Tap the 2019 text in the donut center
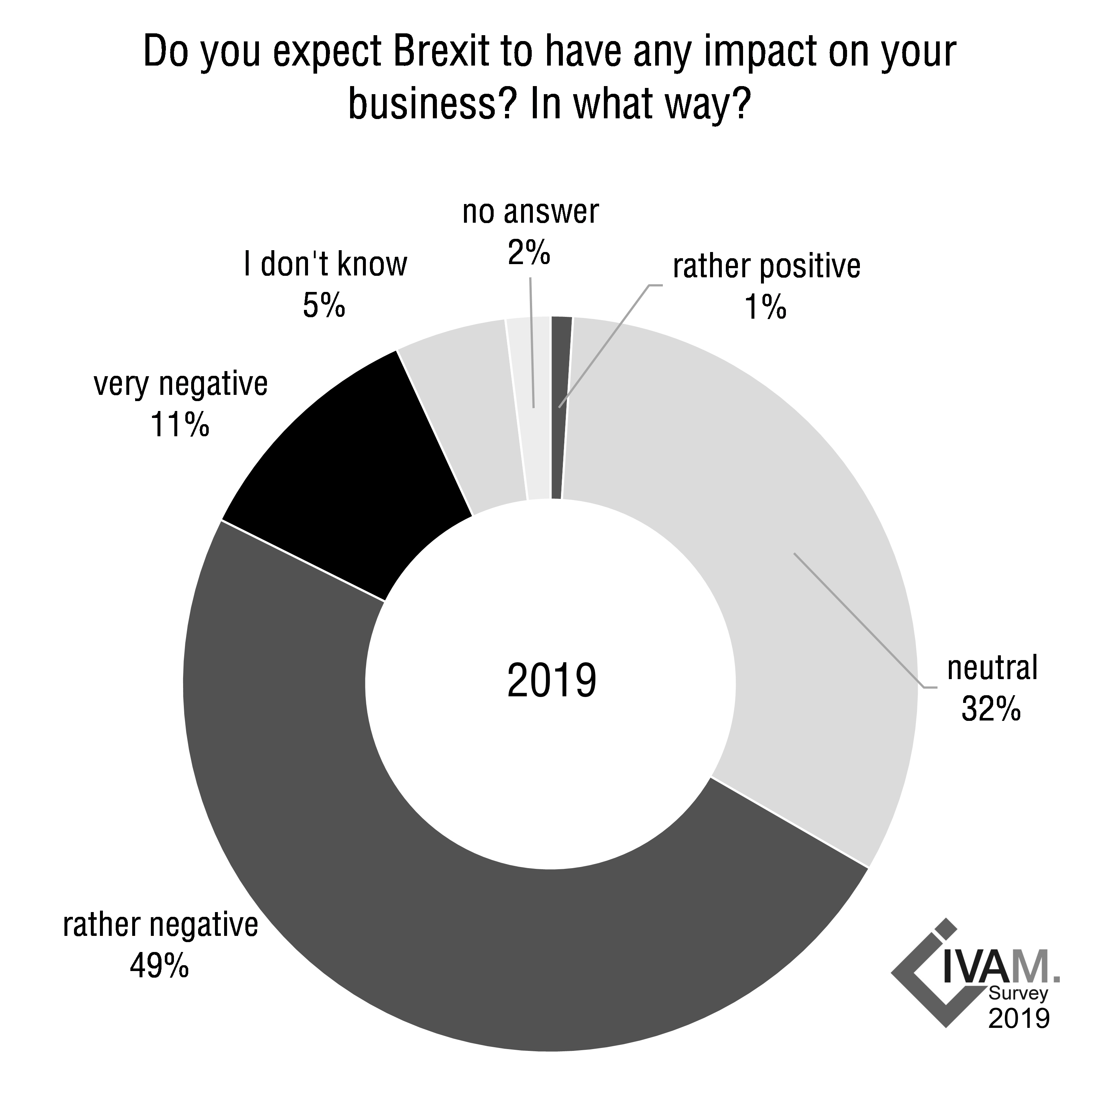(x=551, y=681)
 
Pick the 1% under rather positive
(x=765, y=307)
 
